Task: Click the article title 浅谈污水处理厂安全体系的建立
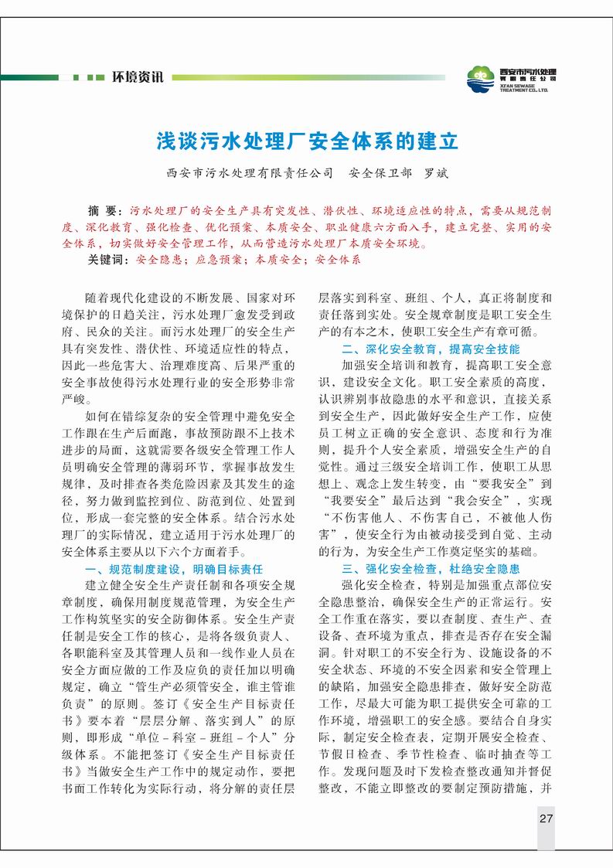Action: pos(308,142)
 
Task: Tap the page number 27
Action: pos(546,819)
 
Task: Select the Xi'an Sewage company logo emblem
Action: pos(482,78)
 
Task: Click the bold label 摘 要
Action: pos(105,210)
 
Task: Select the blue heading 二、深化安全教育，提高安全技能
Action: pos(431,348)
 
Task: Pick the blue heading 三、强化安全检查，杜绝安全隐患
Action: pos(431,568)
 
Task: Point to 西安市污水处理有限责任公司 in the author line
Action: pos(250,173)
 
